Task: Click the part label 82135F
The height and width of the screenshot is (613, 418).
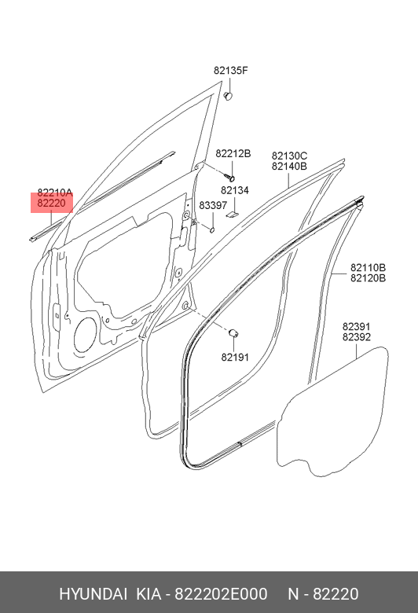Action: click(x=231, y=71)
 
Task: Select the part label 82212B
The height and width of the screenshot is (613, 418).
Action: click(x=233, y=153)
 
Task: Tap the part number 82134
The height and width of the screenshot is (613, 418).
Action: click(x=235, y=190)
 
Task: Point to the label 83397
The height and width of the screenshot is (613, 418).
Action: click(x=213, y=206)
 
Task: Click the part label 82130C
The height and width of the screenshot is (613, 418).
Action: click(x=289, y=156)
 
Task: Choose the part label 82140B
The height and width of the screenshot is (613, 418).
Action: click(x=289, y=166)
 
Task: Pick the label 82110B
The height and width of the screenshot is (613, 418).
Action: click(x=368, y=268)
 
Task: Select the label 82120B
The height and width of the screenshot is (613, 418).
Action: click(x=368, y=278)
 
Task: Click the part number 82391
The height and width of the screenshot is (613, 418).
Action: click(x=357, y=326)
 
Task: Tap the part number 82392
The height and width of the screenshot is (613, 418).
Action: click(x=357, y=336)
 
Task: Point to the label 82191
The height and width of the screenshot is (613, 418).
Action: click(x=235, y=358)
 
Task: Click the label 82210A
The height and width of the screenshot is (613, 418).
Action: click(x=55, y=193)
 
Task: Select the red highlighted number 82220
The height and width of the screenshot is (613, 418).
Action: click(x=51, y=203)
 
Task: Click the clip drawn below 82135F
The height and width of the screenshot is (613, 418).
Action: click(x=229, y=95)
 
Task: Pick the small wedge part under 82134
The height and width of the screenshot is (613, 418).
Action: click(x=233, y=214)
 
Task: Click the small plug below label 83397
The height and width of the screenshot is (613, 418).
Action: click(x=212, y=229)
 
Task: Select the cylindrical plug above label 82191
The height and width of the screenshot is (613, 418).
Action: click(x=234, y=333)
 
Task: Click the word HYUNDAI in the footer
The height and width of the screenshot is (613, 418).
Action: click(x=93, y=594)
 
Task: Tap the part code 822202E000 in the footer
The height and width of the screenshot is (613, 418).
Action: click(x=221, y=594)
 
